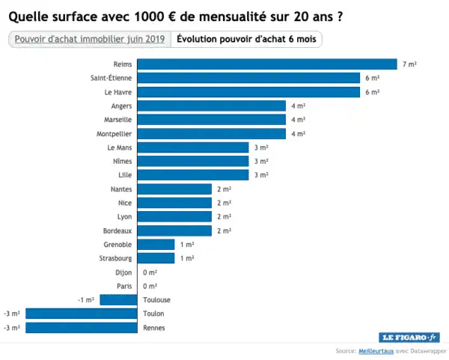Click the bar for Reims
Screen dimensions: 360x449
[x=266, y=64]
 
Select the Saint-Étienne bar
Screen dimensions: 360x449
[x=248, y=78]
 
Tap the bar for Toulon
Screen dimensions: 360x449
[x=82, y=314]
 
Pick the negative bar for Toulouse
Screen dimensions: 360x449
[x=118, y=299]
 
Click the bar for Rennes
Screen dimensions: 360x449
[x=82, y=328]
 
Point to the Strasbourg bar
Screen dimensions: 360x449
[x=156, y=258]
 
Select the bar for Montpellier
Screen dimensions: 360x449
[x=211, y=134]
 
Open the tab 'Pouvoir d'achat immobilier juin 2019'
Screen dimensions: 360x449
[x=89, y=39]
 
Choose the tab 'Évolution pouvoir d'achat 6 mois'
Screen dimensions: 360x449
[x=246, y=39]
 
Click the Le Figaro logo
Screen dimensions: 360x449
[x=409, y=338]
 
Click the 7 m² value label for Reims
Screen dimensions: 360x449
[x=409, y=64]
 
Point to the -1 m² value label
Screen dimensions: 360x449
[x=86, y=299]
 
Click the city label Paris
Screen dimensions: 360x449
[x=125, y=286]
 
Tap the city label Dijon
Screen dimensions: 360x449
[x=124, y=272]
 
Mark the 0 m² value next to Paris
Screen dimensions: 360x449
[x=150, y=286]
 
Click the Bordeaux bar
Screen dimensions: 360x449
[x=174, y=231]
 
